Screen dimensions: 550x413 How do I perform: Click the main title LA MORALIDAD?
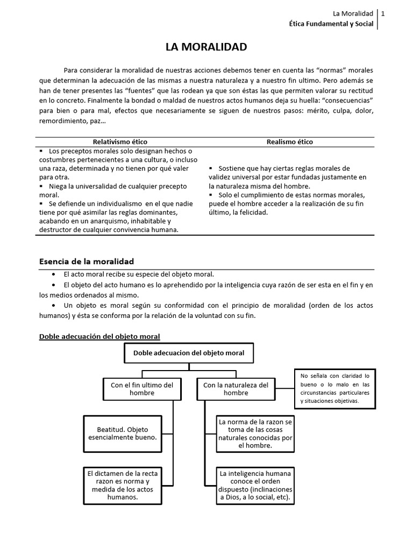[206, 47]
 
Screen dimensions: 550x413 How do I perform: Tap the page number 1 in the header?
[383, 13]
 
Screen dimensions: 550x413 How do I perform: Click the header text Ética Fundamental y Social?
[331, 25]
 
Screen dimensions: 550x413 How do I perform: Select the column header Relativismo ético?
[120, 142]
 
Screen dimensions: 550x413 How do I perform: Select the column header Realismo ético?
[289, 142]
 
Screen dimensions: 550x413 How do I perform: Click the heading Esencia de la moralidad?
[87, 262]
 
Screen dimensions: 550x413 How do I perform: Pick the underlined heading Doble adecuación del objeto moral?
[99, 336]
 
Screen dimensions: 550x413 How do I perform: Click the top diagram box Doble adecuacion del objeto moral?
[189, 353]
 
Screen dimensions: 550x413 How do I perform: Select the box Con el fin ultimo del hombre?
[142, 389]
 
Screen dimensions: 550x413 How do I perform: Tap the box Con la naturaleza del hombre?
[236, 389]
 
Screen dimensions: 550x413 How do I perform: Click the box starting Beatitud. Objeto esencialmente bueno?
[123, 433]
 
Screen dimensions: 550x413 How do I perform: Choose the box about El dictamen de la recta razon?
[123, 485]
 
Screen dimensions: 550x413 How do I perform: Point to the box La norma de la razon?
[255, 433]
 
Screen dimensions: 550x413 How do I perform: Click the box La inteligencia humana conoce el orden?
[255, 485]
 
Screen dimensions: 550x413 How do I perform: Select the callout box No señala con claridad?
[335, 388]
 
